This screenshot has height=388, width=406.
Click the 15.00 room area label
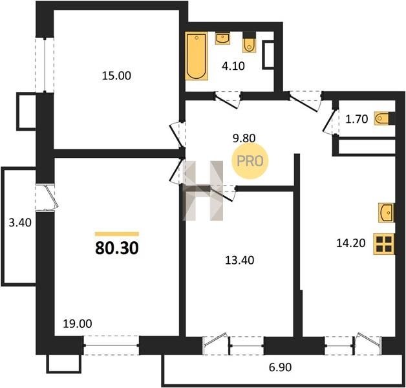116,76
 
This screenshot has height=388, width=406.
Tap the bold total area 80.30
117,248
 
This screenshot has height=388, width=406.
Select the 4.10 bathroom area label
233,67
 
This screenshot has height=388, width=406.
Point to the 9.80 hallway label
244,138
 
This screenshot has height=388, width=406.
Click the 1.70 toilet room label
357,119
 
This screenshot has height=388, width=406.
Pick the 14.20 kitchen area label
351,243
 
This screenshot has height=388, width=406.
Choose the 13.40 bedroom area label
239,261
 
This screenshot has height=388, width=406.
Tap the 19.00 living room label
78,324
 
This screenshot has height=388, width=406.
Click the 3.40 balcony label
20,222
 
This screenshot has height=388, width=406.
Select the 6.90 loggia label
280,367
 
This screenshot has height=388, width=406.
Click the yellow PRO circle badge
250,161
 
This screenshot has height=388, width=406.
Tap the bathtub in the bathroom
197,56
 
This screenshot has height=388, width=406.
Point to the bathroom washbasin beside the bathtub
222,39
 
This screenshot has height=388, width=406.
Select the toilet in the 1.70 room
382,119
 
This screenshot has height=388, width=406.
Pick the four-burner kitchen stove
384,244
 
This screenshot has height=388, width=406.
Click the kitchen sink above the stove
386,213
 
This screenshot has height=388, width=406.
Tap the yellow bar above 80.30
117,234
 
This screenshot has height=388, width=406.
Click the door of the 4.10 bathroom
227,100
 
